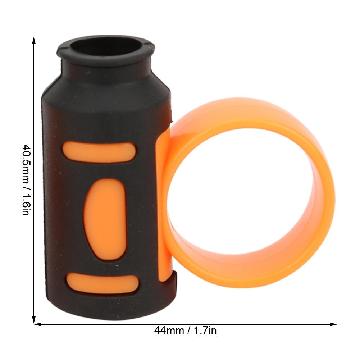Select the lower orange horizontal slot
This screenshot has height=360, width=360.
click(102, 282)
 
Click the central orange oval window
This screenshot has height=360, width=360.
click(104, 219)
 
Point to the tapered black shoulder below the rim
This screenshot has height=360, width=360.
click(108, 83)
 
